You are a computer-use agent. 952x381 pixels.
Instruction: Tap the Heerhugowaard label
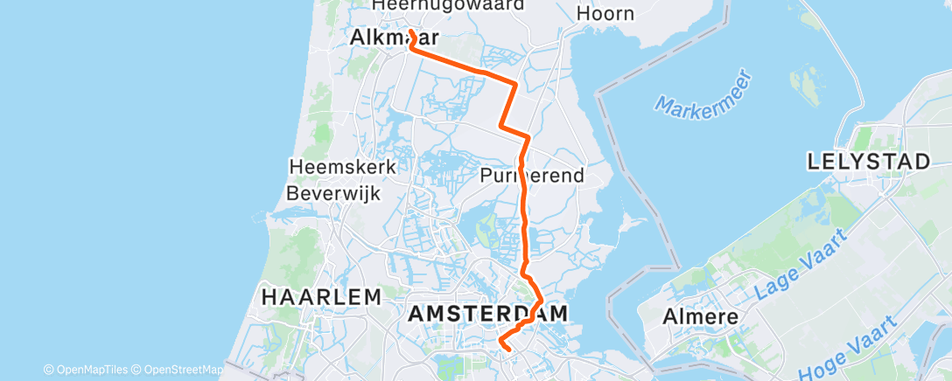[x=448, y=5]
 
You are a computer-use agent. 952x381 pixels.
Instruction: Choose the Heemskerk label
[x=343, y=166]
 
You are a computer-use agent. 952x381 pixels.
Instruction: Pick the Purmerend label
[x=531, y=176]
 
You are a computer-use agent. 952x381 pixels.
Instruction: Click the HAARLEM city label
[x=322, y=297]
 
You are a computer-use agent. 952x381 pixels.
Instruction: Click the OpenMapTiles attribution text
[x=90, y=369]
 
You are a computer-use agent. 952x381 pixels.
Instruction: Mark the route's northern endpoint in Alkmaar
[x=410, y=33]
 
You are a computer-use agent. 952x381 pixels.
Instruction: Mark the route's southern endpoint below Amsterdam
[x=508, y=350]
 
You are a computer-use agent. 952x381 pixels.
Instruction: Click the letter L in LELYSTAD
[x=814, y=162]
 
